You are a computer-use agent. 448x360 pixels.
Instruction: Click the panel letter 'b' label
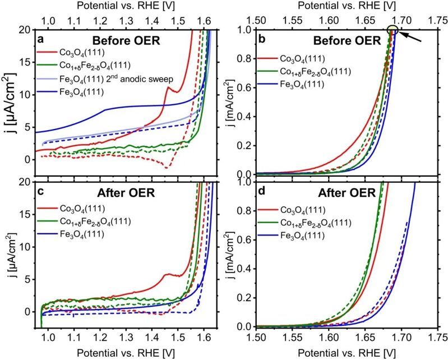[261, 40]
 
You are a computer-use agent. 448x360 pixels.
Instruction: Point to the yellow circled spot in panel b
[393, 31]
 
